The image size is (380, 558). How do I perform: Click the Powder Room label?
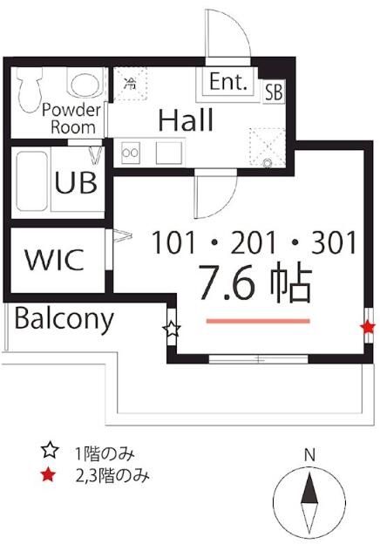73,118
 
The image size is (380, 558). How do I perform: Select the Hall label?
186,120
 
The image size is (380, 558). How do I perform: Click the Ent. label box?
229,84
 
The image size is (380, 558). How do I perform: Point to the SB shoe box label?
273,90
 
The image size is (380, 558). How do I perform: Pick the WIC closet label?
54,259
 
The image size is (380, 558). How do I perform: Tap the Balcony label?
64,319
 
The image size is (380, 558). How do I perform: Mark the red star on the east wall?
368,328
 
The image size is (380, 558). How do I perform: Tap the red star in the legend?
50,475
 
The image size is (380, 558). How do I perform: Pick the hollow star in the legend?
50,452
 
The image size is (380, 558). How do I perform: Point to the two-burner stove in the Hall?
132,153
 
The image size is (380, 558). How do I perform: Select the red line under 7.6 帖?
258,321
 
